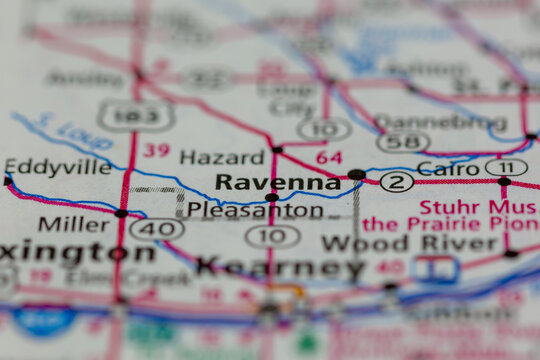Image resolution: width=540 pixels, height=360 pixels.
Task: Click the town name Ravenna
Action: click(x=278, y=182)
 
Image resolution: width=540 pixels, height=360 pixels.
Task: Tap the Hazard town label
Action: click(x=222, y=157)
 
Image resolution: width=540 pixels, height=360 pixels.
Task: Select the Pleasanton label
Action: click(x=255, y=211)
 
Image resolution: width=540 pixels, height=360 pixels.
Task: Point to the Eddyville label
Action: click(x=58, y=167)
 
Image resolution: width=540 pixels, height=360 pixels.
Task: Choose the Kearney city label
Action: click(x=281, y=267)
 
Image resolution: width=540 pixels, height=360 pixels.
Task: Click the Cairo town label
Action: click(x=448, y=168)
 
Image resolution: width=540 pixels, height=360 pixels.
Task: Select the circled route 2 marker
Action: click(x=397, y=181)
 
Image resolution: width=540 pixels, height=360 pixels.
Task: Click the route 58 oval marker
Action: click(x=404, y=142)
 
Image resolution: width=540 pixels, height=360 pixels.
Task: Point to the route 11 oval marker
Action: click(x=506, y=167)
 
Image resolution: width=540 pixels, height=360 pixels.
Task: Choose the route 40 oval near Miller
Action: click(x=156, y=229)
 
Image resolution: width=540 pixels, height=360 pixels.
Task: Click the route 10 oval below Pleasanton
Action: click(x=272, y=236)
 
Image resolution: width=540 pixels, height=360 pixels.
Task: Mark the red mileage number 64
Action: click(x=328, y=157)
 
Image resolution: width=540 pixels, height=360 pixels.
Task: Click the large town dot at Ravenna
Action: click(x=356, y=175)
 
